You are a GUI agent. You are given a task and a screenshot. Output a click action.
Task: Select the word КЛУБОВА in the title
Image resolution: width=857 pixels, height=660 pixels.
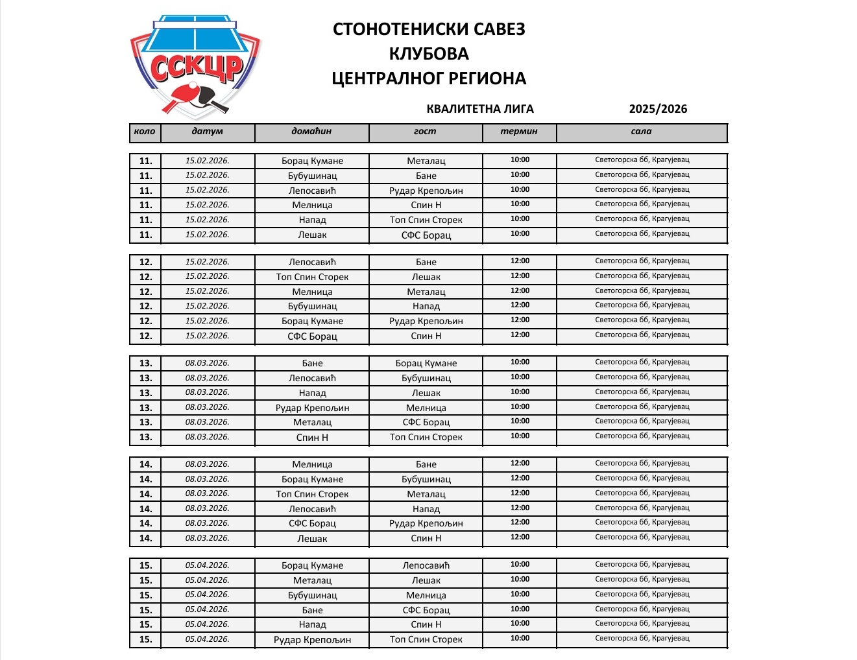[x=429, y=53]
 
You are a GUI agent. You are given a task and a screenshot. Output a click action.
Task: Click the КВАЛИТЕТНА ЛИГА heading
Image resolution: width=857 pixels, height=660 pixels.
[x=480, y=109]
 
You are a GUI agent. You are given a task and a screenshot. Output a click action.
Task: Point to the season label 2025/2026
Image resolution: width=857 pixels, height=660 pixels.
[x=658, y=109]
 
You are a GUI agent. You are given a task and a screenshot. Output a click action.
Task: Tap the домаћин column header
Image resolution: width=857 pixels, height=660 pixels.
[x=311, y=132]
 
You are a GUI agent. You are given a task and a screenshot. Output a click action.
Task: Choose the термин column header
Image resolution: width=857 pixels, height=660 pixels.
[x=519, y=132]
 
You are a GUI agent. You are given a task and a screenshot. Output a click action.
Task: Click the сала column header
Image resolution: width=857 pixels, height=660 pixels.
[x=641, y=132]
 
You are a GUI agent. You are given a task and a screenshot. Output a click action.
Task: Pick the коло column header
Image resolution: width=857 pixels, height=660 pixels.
[x=145, y=132]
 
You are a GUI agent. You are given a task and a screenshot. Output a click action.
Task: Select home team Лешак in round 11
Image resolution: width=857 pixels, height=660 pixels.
[x=312, y=235]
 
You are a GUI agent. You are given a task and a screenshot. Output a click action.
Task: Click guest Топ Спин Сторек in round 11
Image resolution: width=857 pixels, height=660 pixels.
[x=426, y=220]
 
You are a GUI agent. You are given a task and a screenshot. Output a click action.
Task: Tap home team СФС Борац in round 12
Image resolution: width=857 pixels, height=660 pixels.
[x=312, y=336]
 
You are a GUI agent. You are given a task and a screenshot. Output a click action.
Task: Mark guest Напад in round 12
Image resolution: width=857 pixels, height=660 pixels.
[x=426, y=307]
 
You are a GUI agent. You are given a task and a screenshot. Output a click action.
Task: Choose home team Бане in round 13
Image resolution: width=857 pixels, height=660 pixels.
[x=312, y=364]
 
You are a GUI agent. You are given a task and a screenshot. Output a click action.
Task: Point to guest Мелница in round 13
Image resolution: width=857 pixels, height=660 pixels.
[x=426, y=408]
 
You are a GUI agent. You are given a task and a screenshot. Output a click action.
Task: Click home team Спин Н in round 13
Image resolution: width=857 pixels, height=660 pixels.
[x=312, y=438]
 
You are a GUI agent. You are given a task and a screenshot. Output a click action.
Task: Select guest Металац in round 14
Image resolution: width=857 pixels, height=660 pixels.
[x=426, y=495]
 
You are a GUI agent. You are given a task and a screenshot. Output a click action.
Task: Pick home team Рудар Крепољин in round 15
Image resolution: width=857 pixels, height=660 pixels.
[x=312, y=640]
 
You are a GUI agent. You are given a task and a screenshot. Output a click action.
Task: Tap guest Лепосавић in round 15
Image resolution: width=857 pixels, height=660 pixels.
[x=426, y=566]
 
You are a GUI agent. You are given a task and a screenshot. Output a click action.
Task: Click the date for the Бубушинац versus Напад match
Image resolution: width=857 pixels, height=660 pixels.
[x=208, y=306]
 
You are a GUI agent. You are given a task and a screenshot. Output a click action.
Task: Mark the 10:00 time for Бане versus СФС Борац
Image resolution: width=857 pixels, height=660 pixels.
[x=520, y=609]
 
